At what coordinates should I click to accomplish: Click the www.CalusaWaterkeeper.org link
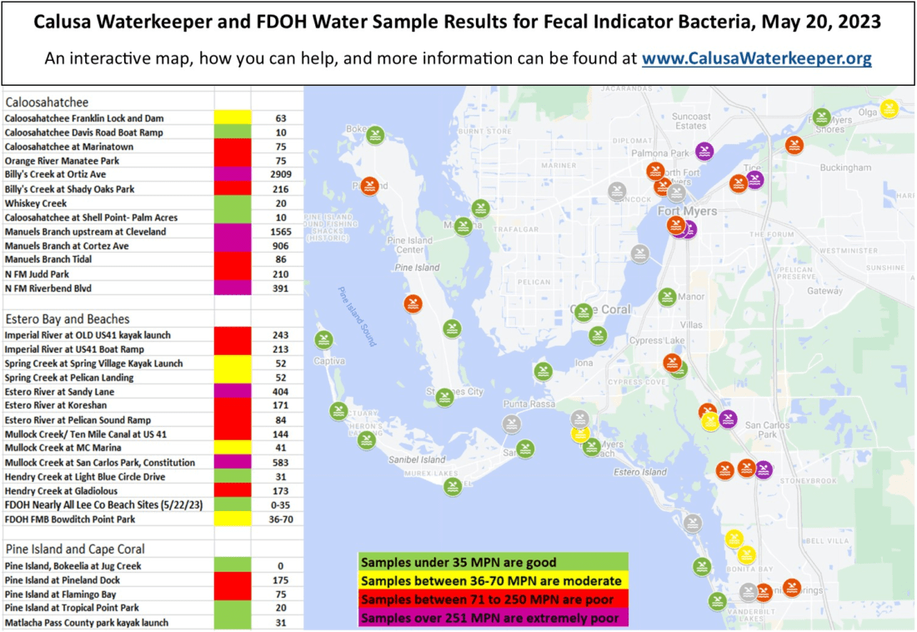pos(756,59)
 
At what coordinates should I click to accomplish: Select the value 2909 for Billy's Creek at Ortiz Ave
pos(280,175)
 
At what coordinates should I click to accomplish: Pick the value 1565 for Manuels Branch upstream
pos(280,232)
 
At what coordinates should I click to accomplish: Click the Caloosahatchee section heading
pos(47,103)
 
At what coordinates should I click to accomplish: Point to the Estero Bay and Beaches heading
pos(68,319)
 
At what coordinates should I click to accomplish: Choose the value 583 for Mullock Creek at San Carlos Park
pos(280,463)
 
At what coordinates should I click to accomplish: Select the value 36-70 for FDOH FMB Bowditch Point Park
pos(280,519)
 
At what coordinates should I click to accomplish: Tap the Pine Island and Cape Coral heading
pos(76,549)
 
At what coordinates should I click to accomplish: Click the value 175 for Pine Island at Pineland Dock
pos(280,580)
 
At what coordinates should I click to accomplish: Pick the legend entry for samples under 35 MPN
pos(458,563)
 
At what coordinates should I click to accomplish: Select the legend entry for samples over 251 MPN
pos(489,618)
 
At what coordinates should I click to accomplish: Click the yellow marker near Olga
pos(889,109)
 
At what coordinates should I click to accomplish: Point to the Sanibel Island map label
pos(417,459)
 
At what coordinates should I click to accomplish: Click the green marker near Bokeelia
pos(374,134)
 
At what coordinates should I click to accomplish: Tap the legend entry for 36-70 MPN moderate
pos(491,581)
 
